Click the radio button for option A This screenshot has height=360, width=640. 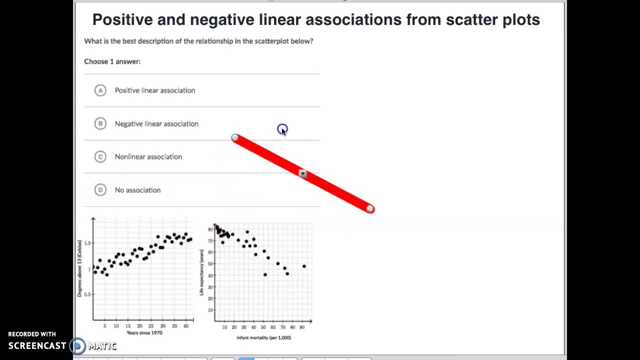pos(100,90)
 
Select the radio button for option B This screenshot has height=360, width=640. pos(100,123)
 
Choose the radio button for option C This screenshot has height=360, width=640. pos(100,156)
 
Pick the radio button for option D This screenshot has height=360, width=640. pos(100,190)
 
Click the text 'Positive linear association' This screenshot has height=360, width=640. pos(154,90)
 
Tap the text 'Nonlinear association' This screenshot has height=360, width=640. pos(148,156)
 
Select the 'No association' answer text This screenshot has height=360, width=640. pos(137,190)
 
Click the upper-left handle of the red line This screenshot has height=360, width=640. pos(235,137)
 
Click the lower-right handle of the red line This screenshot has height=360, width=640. pos(369,208)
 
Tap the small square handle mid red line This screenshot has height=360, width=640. pos(302,173)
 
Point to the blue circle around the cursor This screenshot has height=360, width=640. pos(282,129)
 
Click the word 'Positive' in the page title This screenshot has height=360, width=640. pos(122,19)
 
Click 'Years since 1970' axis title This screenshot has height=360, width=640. pos(144,333)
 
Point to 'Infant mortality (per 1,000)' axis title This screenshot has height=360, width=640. pos(263,338)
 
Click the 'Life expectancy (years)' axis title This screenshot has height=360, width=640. pos(202,272)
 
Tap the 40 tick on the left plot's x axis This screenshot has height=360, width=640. pos(186,326)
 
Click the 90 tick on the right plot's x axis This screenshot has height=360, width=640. pos(301,327)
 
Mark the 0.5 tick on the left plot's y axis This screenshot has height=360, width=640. pos(87,294)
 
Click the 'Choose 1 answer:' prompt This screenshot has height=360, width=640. pos(112,61)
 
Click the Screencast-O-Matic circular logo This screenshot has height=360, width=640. pos(77,345)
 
